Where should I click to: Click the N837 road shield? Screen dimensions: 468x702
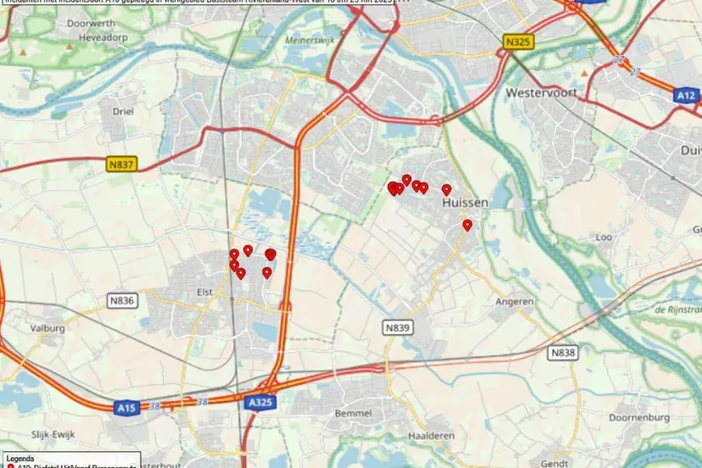point(121,164)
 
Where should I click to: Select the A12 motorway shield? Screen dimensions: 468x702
point(687,96)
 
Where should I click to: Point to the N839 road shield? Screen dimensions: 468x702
point(397,326)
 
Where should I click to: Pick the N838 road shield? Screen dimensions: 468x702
point(562,352)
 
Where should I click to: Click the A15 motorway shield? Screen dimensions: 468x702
point(126,409)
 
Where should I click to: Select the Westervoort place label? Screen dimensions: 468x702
point(541,92)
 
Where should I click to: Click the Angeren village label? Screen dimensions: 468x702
point(515,301)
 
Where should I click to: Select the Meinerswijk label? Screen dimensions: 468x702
point(311,38)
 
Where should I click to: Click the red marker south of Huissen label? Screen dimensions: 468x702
point(467,225)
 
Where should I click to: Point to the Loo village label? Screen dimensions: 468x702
point(603,237)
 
